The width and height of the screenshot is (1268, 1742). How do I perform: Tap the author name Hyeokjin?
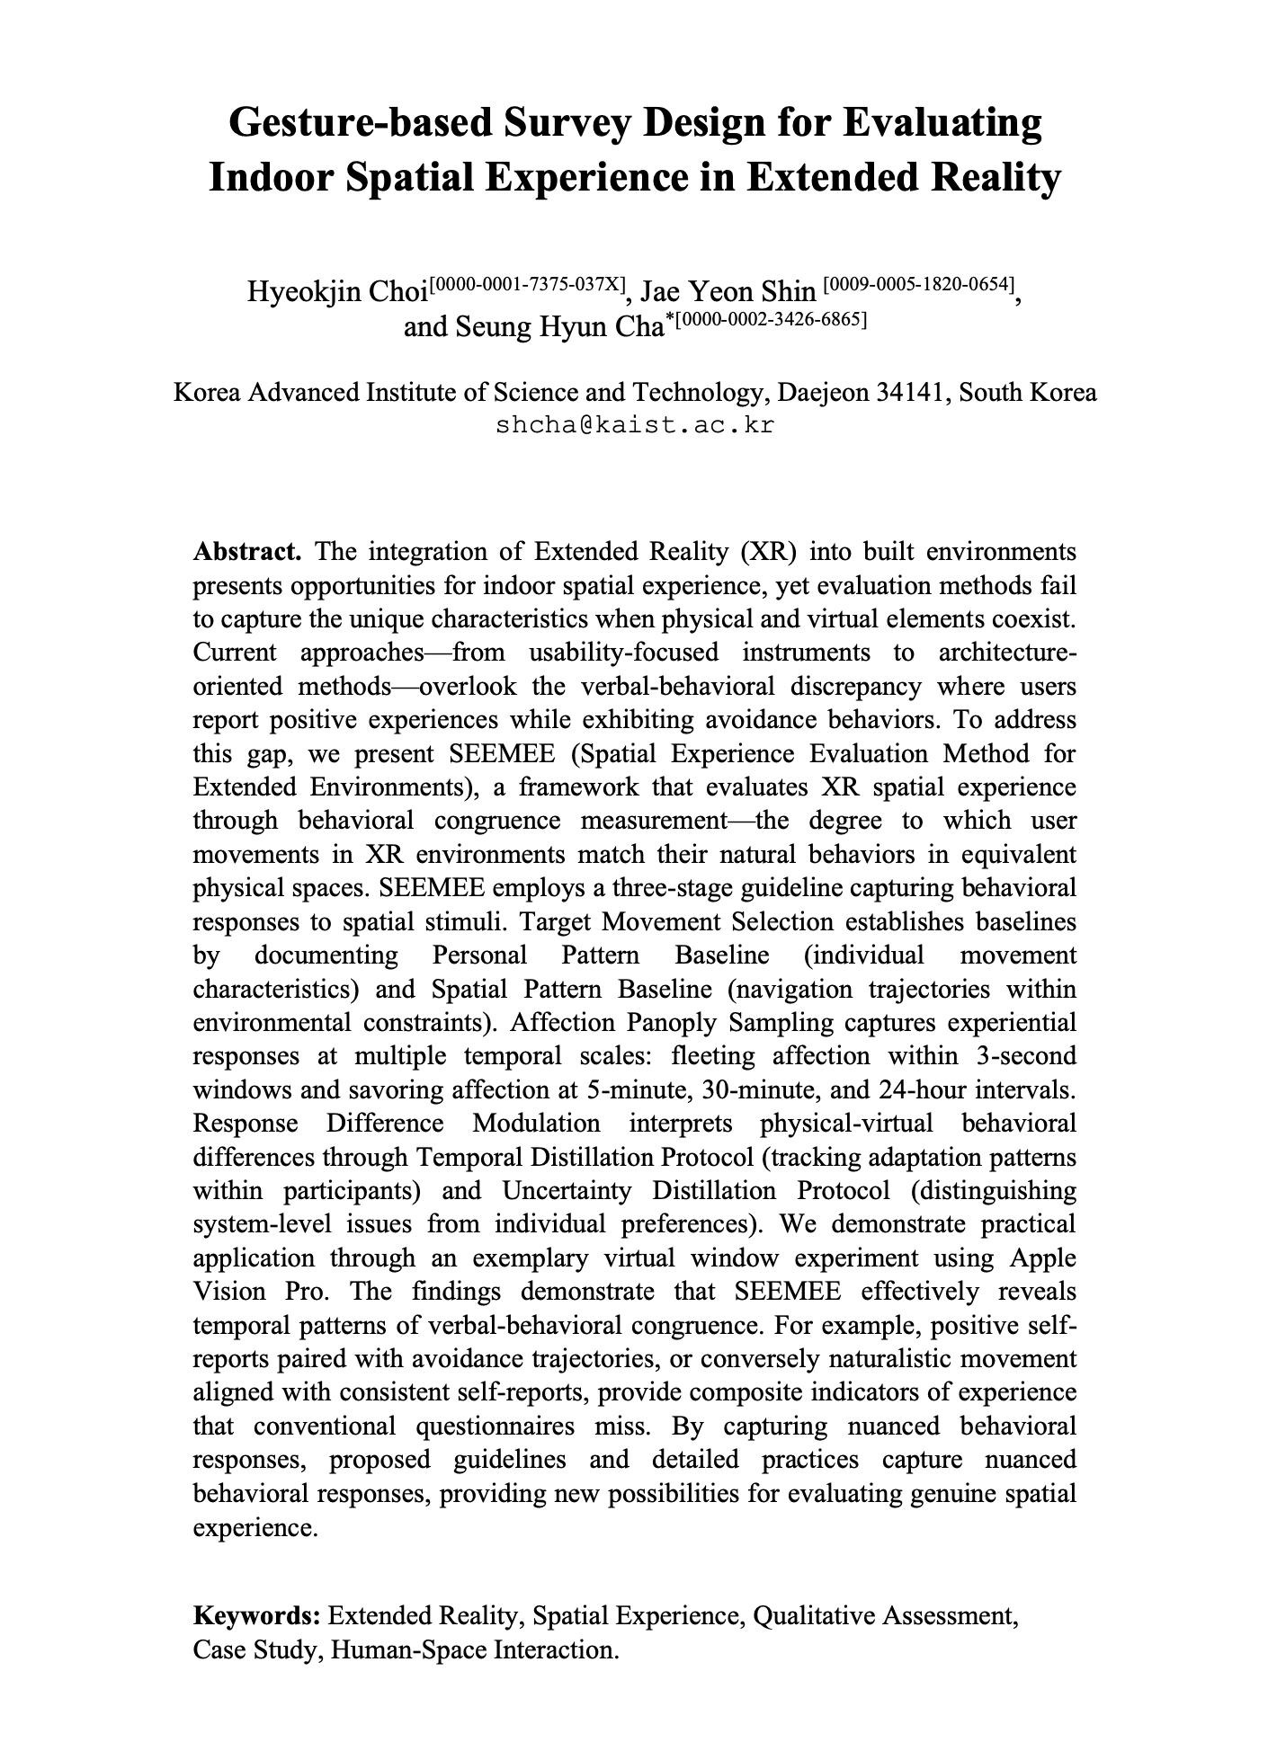point(303,292)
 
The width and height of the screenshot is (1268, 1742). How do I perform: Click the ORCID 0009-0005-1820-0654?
point(919,284)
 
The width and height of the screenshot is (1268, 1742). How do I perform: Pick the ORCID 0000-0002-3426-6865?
point(771,318)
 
